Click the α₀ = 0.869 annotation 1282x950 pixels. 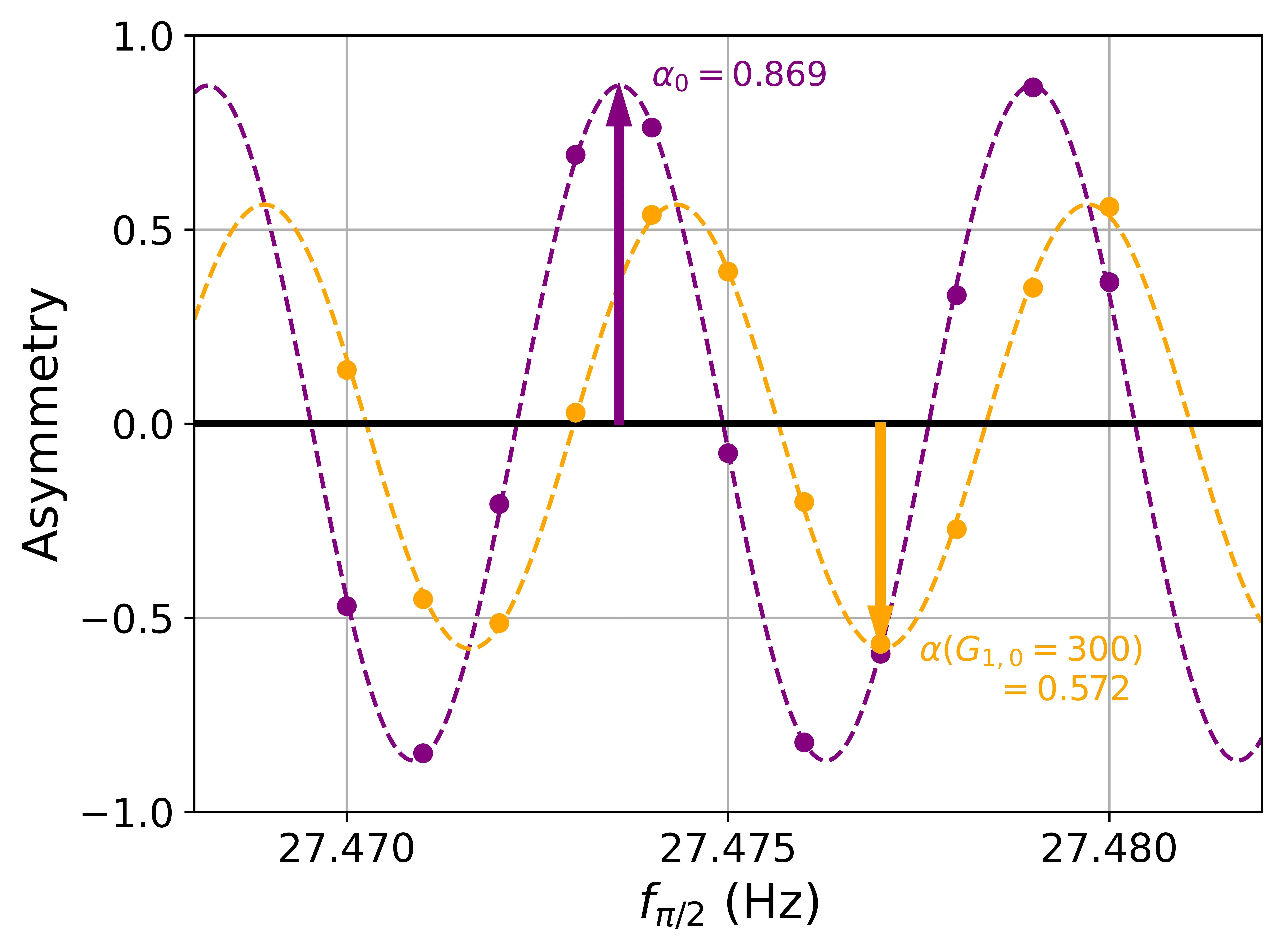[739, 75]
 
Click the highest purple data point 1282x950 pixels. [1033, 87]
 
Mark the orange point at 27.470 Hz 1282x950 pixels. [346, 370]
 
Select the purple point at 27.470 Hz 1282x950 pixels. [346, 606]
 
